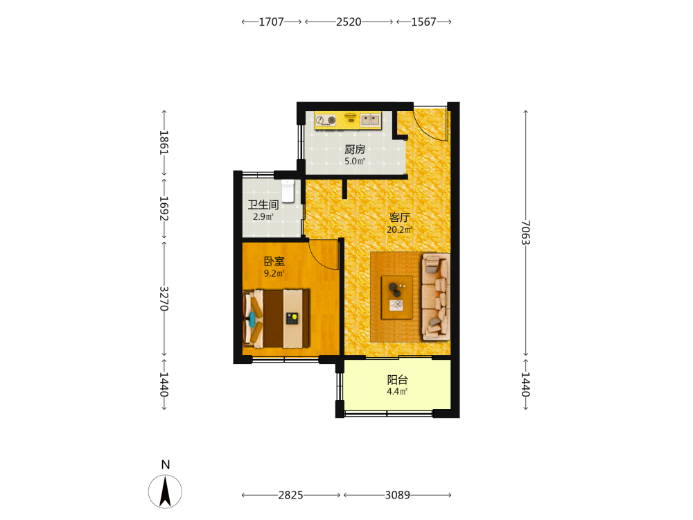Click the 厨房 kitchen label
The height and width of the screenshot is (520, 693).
coord(354,150)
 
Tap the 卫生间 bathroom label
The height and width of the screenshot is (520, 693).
coord(263,205)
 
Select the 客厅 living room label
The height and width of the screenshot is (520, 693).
coord(400,218)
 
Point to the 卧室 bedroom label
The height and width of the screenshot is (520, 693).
coord(274,261)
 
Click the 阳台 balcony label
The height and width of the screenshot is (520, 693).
coord(397,380)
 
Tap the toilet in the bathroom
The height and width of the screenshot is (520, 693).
coord(288,191)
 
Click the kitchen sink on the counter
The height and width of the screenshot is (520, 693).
coord(370,119)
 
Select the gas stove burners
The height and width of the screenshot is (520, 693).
coord(326,120)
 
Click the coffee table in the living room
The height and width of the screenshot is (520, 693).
coord(397,297)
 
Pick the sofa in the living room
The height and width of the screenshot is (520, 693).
coord(436,297)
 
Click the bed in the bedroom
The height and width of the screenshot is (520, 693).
coord(277,318)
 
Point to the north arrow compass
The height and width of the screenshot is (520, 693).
coord(165,492)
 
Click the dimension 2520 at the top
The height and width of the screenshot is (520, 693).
coord(349,21)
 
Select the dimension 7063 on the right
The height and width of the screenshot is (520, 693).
coord(525,232)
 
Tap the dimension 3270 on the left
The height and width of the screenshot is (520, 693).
coord(164,298)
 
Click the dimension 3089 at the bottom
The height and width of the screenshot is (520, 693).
coord(397,495)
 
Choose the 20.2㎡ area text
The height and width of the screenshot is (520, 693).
coord(400,230)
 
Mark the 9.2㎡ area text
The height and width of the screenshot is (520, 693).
coord(274,273)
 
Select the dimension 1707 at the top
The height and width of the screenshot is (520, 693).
coord(272,21)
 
